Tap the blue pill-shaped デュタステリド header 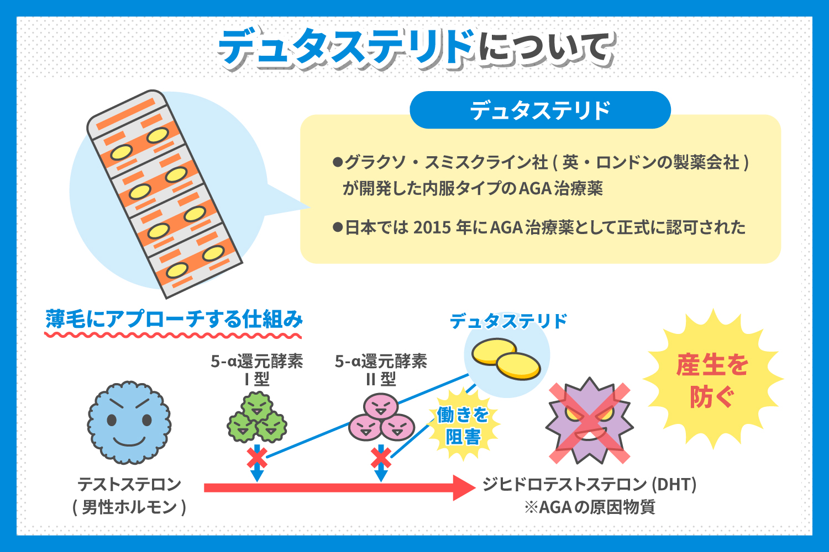[540, 110]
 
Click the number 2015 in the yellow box [432, 227]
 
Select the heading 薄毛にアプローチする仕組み [174, 319]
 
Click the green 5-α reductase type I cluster [257, 418]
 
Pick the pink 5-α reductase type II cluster [381, 418]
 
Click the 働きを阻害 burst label [463, 426]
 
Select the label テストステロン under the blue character [129, 484]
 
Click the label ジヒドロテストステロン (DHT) [589, 484]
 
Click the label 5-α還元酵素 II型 [381, 370]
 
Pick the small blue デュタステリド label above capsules [508, 321]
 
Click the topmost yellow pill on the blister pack [158, 135]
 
